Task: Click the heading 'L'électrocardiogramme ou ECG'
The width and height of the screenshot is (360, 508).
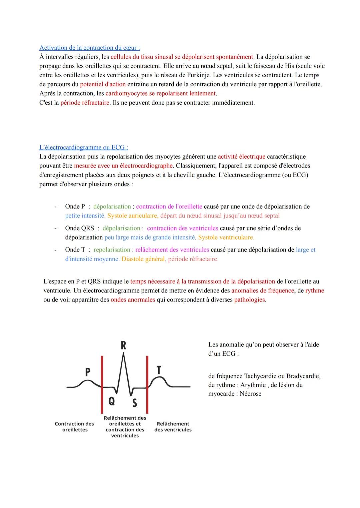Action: (x=83, y=147)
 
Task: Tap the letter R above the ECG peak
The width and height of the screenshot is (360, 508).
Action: (x=123, y=346)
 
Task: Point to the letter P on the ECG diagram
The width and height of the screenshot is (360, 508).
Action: (x=87, y=372)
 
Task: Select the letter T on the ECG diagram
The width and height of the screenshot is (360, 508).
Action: (x=159, y=370)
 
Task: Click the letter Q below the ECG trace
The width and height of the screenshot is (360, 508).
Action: (x=112, y=401)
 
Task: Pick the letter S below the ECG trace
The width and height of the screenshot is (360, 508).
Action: (x=135, y=403)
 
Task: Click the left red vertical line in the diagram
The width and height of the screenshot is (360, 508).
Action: (x=102, y=383)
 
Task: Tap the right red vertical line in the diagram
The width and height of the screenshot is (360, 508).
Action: (x=147, y=383)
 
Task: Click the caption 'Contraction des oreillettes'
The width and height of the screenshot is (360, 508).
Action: (x=74, y=427)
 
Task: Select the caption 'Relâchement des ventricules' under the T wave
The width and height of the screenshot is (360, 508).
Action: (x=173, y=427)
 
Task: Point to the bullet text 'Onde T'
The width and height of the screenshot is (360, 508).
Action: (x=75, y=250)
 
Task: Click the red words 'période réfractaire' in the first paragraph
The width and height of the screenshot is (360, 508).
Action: (x=85, y=103)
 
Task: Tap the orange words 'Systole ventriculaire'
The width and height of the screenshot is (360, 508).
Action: (x=226, y=238)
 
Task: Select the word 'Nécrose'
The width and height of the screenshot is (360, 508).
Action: (x=250, y=394)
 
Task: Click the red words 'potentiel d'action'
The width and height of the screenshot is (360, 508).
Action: (x=103, y=84)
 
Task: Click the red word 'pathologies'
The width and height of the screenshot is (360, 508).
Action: (x=250, y=299)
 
